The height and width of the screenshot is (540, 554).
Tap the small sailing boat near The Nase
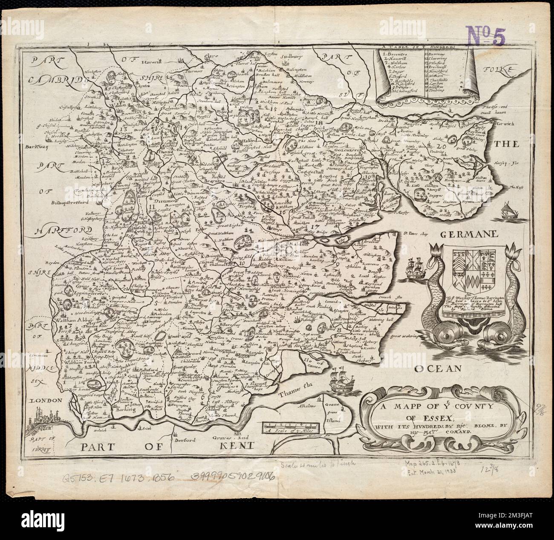tap(507, 211)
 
